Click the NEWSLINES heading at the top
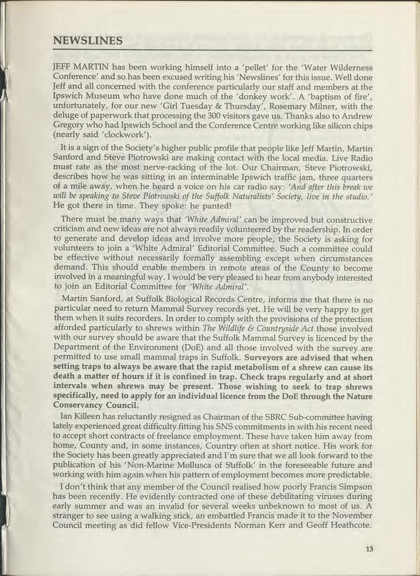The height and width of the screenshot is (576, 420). click(x=88, y=41)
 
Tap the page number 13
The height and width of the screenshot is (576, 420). click(x=369, y=549)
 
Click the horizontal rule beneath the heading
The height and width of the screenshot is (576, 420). click(x=212, y=50)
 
